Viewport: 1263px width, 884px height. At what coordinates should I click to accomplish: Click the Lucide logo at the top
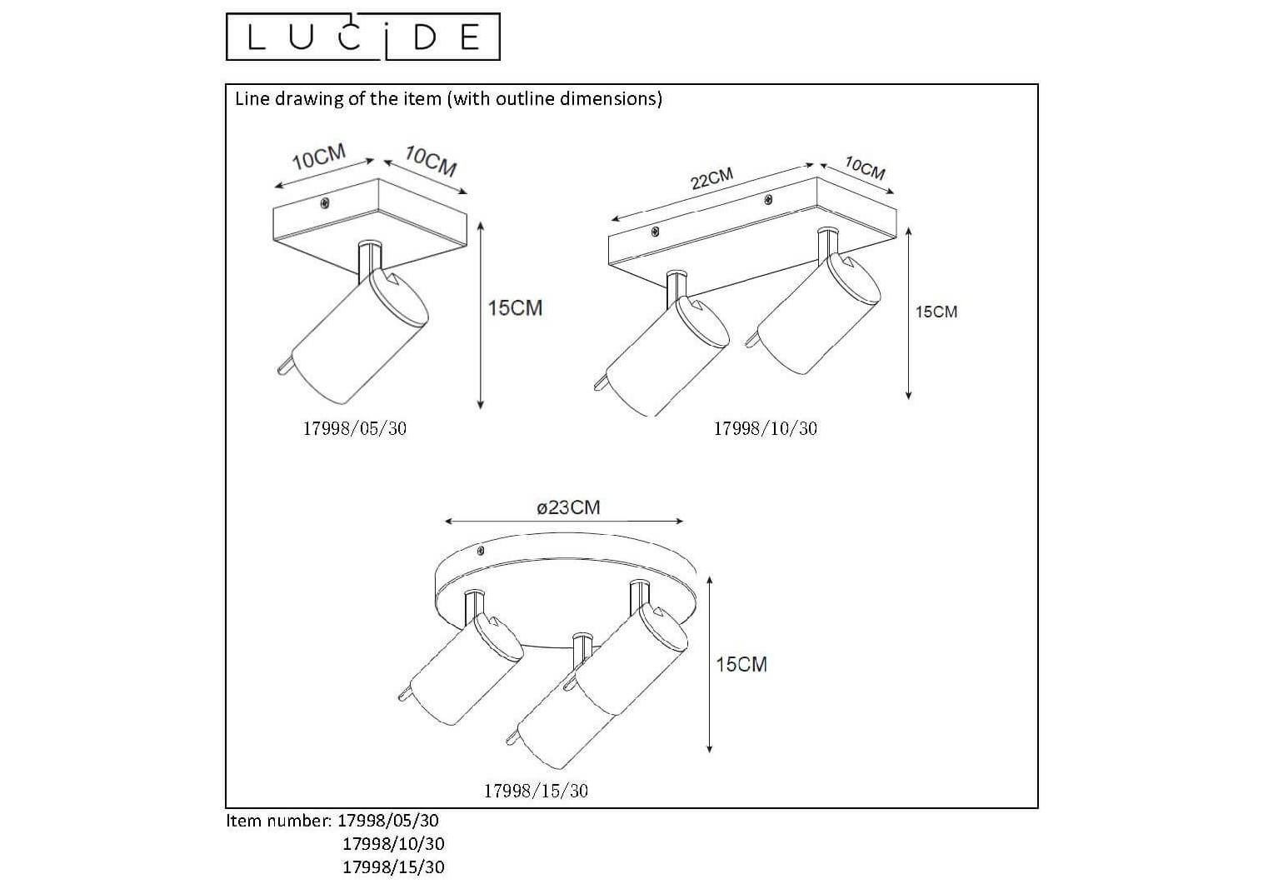362,37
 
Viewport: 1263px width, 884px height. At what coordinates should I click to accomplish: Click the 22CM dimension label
711,179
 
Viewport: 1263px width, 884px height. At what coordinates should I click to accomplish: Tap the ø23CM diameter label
568,507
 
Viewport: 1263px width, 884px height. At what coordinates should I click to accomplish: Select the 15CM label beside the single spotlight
515,307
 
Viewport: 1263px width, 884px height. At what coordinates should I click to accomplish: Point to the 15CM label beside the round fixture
741,664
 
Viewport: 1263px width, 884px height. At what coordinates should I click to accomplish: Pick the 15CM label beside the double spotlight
936,312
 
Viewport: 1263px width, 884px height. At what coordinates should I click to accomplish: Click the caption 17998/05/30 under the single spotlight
355,428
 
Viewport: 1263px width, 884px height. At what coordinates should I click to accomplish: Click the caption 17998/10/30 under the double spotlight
765,428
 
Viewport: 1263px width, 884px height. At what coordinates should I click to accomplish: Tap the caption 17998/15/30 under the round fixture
536,791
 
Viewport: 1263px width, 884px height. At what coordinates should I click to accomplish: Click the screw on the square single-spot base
325,203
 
